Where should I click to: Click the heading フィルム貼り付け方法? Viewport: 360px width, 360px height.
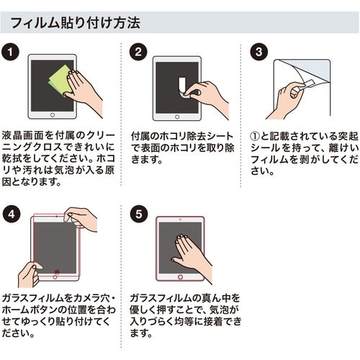click(x=75, y=23)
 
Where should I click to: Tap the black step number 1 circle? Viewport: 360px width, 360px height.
click(x=10, y=52)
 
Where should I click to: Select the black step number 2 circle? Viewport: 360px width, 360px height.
click(x=138, y=52)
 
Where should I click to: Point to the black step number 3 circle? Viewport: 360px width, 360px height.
click(x=259, y=52)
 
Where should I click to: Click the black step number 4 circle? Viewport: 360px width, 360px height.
click(x=12, y=215)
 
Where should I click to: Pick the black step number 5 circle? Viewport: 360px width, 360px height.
click(x=139, y=215)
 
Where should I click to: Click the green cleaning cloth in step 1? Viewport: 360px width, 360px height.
click(x=60, y=80)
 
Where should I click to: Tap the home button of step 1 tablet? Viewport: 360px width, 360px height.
click(x=53, y=115)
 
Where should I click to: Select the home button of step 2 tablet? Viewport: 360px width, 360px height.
click(x=177, y=117)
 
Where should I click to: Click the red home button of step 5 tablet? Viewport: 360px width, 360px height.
click(x=180, y=277)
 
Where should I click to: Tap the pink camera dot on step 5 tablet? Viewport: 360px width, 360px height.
click(x=180, y=220)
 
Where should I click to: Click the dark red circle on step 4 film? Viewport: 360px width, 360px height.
click(x=57, y=272)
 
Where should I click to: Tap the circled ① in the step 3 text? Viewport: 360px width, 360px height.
click(x=255, y=137)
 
